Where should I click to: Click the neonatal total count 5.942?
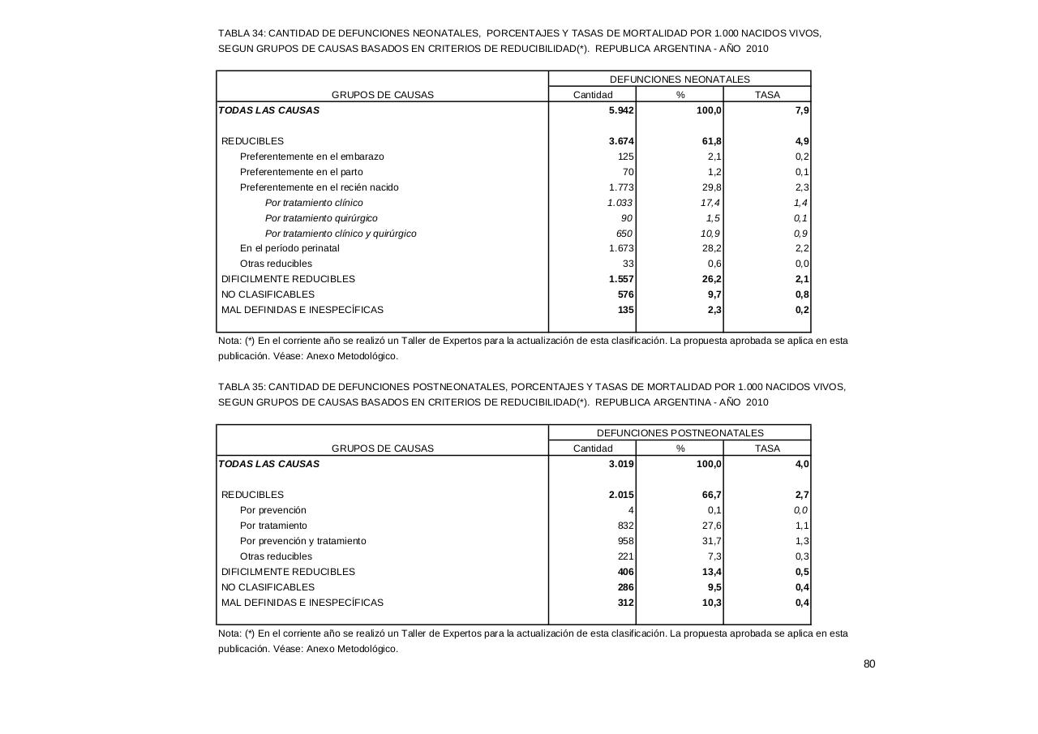click(x=621, y=110)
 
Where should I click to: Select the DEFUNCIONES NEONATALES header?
click(x=680, y=79)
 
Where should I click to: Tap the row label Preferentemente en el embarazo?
click(x=311, y=157)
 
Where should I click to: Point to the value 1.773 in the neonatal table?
click(x=621, y=187)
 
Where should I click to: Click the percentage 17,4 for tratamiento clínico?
click(x=710, y=203)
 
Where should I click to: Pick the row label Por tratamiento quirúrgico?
click(x=321, y=218)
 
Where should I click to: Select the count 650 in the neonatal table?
click(x=624, y=234)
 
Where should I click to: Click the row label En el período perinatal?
click(x=290, y=248)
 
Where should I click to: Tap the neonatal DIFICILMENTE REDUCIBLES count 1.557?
click(x=621, y=279)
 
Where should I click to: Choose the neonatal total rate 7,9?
click(x=802, y=110)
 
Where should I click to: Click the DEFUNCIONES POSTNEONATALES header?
click(x=680, y=433)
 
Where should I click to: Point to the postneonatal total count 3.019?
click(x=621, y=464)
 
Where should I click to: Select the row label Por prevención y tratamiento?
click(x=302, y=541)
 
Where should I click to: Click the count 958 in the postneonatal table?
click(x=625, y=541)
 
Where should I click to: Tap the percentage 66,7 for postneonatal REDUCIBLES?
click(x=712, y=495)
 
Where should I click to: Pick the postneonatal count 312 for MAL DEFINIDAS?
click(x=625, y=603)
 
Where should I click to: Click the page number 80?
click(x=869, y=664)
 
